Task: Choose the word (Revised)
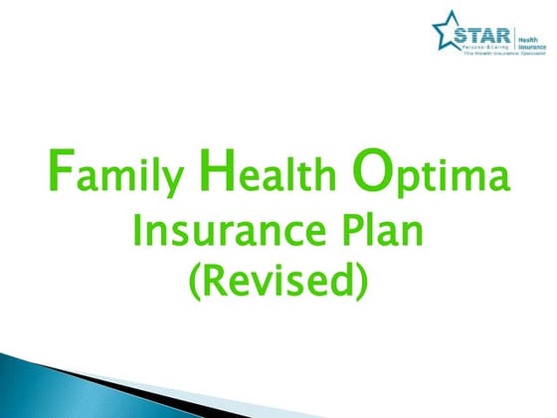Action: click(x=278, y=280)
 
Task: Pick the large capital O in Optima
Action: click(x=369, y=172)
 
